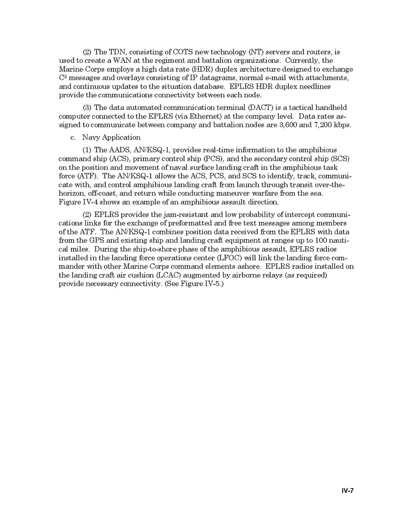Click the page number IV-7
(x=347, y=490)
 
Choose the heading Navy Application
(x=111, y=137)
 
